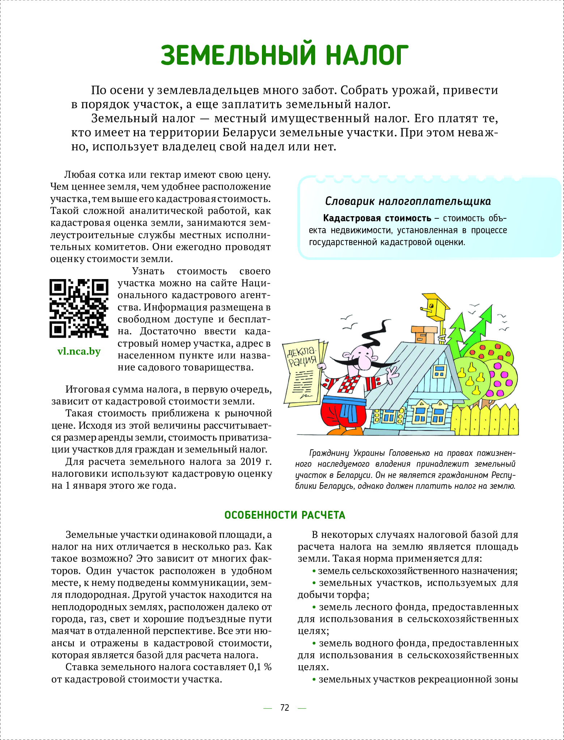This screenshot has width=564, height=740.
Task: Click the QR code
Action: (x=79, y=308)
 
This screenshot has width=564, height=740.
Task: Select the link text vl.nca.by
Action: (x=79, y=351)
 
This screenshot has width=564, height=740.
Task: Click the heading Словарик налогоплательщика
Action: (x=408, y=201)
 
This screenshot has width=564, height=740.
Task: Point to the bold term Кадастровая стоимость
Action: (x=377, y=218)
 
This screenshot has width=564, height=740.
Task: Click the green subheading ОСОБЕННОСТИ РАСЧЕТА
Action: (x=285, y=515)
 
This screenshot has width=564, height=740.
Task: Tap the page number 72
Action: (x=285, y=707)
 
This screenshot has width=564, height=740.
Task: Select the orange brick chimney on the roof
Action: (x=423, y=334)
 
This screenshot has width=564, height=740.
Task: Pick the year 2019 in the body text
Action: (x=246, y=462)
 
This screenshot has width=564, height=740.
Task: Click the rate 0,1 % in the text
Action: (x=260, y=667)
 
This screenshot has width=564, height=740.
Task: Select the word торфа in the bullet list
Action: (x=353, y=595)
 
